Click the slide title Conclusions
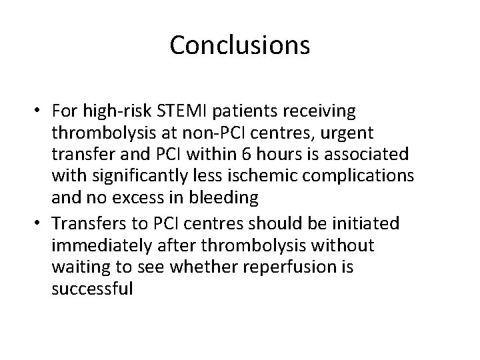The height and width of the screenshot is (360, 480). coord(240,45)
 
